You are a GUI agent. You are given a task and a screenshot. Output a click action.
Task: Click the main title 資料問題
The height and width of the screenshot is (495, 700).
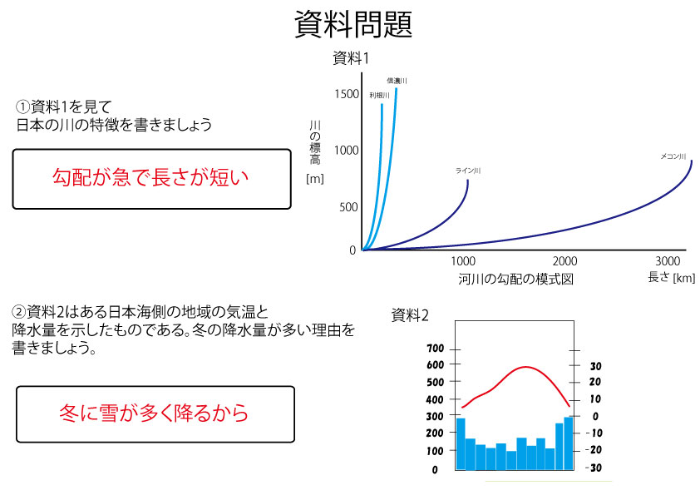[353, 24]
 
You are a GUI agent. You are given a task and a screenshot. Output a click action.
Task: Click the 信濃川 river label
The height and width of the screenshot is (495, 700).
[397, 81]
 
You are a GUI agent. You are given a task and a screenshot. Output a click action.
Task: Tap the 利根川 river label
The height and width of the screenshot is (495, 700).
[379, 95]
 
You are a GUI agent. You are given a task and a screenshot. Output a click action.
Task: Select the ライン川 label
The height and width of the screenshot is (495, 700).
[468, 171]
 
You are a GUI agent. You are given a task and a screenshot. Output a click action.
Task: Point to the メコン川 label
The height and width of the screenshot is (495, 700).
[673, 156]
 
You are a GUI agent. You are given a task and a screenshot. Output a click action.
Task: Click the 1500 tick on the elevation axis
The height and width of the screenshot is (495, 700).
[347, 94]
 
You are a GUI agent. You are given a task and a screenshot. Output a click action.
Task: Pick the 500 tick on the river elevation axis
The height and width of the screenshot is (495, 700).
[348, 207]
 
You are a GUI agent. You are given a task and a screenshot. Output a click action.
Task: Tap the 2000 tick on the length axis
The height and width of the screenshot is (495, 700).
[564, 261]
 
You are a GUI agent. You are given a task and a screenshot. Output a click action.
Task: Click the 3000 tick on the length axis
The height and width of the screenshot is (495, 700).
[668, 261]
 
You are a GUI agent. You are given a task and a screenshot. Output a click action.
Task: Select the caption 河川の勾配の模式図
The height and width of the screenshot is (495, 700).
[515, 280]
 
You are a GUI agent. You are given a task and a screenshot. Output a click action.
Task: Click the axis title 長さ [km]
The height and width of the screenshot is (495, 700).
[672, 277]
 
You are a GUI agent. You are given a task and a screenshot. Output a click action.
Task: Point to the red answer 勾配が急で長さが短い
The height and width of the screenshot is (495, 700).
[150, 177]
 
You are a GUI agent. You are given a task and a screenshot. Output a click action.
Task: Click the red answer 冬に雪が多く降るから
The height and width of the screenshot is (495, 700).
[154, 413]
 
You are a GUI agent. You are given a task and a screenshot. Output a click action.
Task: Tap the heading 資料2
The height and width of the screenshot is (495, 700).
[410, 315]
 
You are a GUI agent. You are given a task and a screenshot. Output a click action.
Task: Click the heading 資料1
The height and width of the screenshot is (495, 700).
[351, 58]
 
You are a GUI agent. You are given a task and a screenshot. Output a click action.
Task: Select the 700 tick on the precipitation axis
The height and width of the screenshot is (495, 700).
[436, 349]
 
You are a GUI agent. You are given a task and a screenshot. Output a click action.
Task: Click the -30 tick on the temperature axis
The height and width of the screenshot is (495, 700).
[594, 468]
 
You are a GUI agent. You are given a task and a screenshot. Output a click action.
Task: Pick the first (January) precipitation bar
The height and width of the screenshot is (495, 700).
[461, 444]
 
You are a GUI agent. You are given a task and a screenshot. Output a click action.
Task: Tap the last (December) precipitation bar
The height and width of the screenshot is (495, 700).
[569, 443]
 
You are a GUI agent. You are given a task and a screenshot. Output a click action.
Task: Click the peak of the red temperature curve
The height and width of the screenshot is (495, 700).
[526, 367]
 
